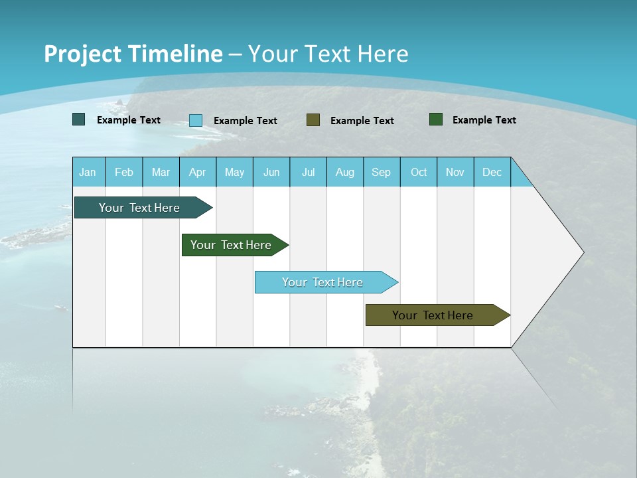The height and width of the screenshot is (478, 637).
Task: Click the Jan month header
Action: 88,172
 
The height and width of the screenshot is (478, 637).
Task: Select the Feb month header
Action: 124,172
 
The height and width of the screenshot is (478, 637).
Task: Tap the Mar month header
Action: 161,172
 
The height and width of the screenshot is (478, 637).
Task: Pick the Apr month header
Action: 198,172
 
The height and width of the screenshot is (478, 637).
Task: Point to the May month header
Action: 234,172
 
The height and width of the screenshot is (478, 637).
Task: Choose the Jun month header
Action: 271,172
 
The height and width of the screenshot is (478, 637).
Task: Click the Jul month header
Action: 308,172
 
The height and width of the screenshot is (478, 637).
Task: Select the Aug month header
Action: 345,172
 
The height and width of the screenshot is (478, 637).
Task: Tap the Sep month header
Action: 382,172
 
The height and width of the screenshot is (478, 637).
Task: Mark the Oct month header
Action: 419,172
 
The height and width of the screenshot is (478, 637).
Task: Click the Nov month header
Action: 455,172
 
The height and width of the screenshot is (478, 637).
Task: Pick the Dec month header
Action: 492,172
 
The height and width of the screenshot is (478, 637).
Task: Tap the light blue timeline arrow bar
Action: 323,282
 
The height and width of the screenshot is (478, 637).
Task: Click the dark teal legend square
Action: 79,119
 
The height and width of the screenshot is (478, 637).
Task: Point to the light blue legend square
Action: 196,120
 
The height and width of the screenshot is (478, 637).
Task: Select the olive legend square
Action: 313,120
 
